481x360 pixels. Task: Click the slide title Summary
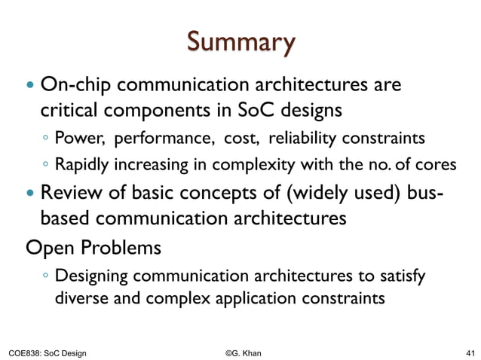(x=240, y=44)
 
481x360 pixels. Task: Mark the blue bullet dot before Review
(x=31, y=194)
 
